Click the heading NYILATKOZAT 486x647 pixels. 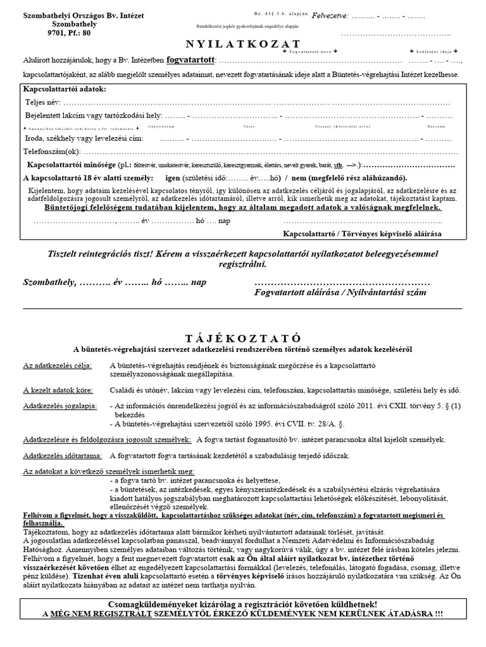(x=242, y=44)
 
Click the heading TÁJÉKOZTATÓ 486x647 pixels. (x=242, y=337)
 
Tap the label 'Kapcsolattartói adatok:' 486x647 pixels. (x=65, y=89)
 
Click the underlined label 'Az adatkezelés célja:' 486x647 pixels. (x=58, y=366)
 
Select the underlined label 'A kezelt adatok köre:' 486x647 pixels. (x=57, y=389)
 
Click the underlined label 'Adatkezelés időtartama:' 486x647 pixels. (x=63, y=455)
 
